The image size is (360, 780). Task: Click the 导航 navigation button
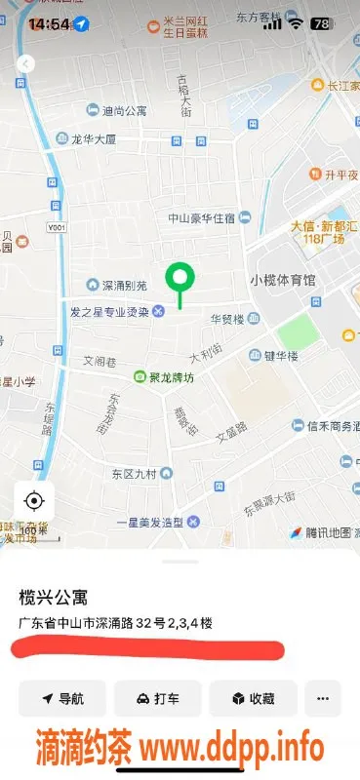click(x=61, y=698)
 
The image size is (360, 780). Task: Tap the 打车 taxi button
click(x=157, y=698)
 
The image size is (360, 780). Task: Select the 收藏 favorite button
click(x=253, y=698)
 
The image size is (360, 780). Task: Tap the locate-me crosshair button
click(x=34, y=501)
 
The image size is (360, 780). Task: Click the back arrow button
click(x=26, y=63)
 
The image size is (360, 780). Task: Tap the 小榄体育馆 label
click(x=283, y=280)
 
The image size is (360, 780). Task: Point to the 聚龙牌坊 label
click(x=171, y=376)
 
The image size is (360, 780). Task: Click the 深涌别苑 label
click(x=126, y=286)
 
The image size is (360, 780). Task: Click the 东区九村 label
click(x=135, y=475)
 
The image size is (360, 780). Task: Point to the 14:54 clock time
click(x=49, y=23)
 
